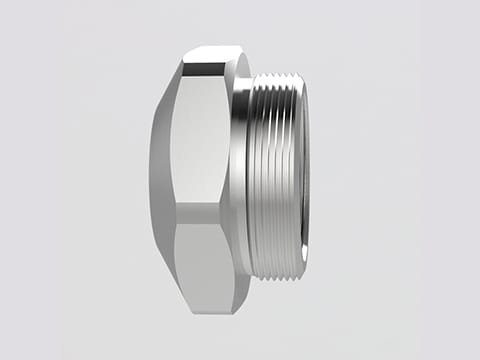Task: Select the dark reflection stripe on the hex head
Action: pyautogui.click(x=200, y=211)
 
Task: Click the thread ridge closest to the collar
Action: pyautogui.click(x=254, y=175)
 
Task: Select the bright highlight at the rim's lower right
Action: pyautogui.click(x=299, y=255)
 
